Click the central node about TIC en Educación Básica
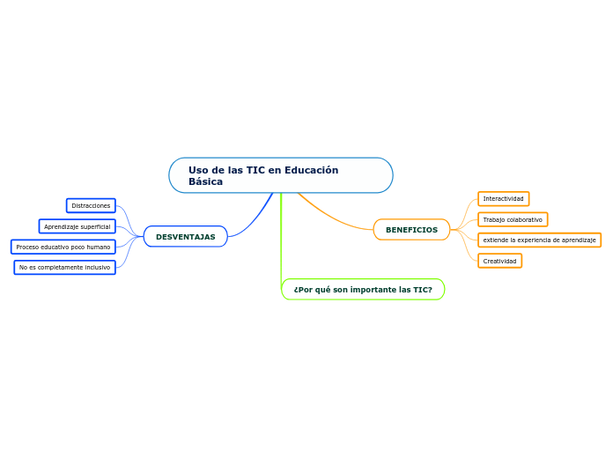tap(280, 175)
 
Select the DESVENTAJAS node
tap(185, 237)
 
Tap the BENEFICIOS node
tap(411, 230)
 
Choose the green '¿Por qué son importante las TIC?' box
tap(363, 290)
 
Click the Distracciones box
tap(91, 206)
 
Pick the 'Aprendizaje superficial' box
tap(78, 226)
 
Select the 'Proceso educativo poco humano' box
tap(63, 247)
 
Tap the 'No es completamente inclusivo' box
tap(64, 267)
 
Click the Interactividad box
tap(503, 199)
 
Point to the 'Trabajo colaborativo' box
tap(513, 219)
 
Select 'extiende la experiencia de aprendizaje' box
tap(539, 240)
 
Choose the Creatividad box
tap(499, 261)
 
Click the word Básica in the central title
tap(205, 181)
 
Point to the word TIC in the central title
tap(255, 170)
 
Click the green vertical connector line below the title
tap(281, 238)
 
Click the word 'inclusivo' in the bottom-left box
tap(96, 267)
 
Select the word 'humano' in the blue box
tap(97, 247)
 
